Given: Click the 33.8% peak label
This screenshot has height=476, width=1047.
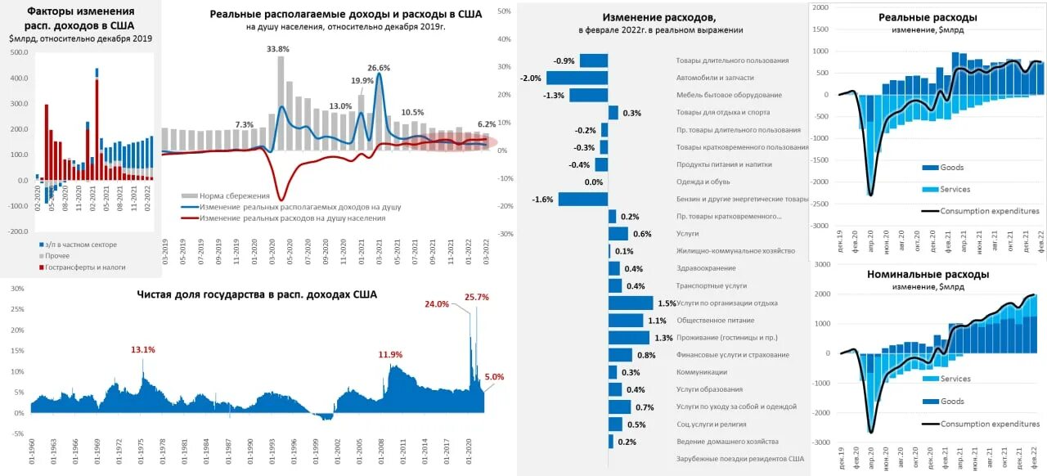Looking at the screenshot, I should [x=278, y=49].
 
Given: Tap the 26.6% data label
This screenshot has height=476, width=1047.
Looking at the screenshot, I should [x=379, y=68].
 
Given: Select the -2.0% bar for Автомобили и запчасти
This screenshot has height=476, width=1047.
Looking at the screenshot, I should [x=577, y=78].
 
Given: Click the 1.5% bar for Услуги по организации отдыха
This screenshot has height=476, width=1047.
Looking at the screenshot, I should [x=631, y=303].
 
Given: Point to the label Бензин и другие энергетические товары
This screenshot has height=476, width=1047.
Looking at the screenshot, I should [x=742, y=199].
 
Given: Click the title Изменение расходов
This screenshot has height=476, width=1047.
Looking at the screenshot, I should [x=658, y=17].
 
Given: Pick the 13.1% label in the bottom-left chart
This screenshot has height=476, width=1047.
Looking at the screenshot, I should [x=143, y=350].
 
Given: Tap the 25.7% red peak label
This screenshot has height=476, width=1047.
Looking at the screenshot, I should [x=476, y=298].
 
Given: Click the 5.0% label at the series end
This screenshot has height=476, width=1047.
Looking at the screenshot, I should [x=494, y=377].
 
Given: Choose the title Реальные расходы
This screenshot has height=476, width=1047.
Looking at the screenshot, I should [x=928, y=17].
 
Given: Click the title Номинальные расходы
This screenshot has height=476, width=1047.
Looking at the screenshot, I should [x=928, y=274].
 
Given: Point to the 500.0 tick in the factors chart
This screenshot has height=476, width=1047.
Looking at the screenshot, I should [x=18, y=52].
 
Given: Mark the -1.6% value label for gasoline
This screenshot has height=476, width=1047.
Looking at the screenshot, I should [x=542, y=199].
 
